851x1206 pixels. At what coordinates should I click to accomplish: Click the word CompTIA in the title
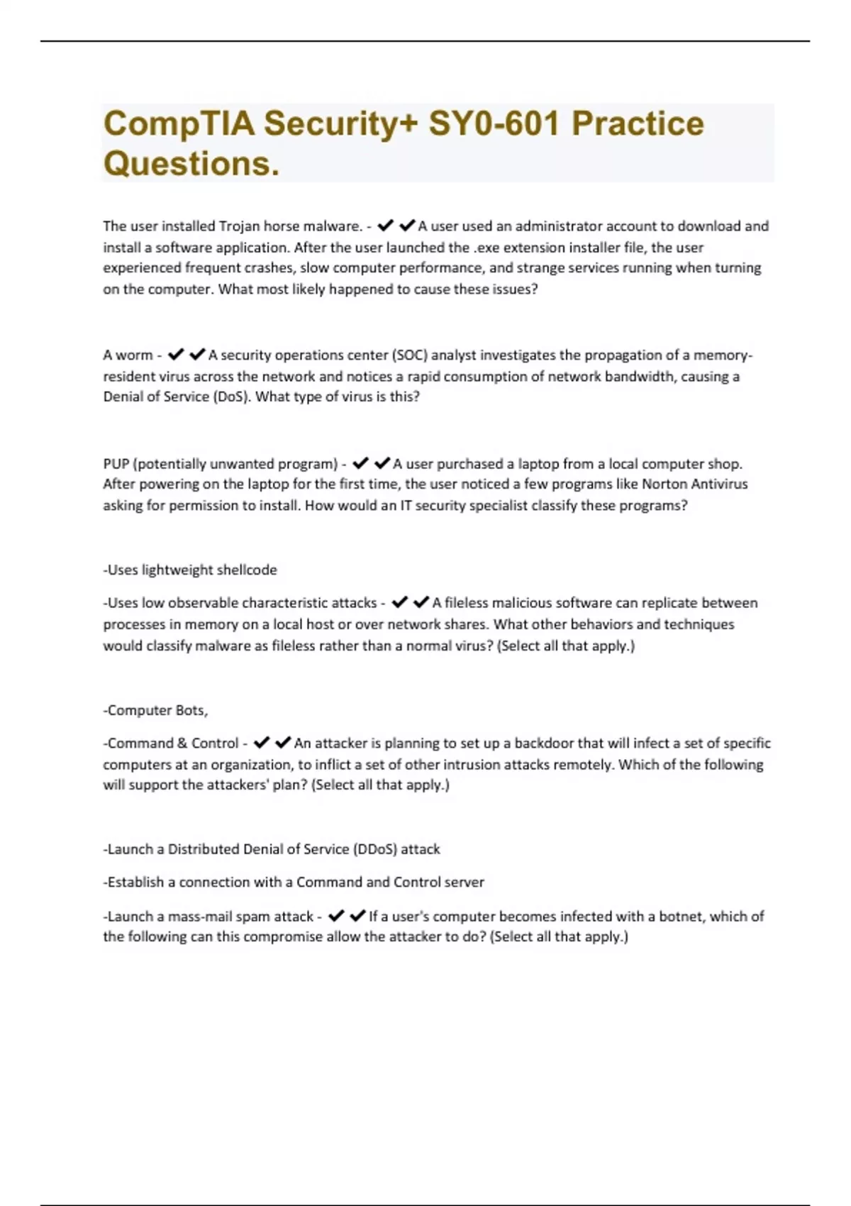coord(179,124)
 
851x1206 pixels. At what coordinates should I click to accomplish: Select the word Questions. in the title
coord(191,164)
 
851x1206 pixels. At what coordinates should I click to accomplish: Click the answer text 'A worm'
coord(128,355)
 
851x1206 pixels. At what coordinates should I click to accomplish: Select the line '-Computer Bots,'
coord(155,710)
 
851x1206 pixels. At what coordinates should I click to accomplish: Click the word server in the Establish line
coord(464,883)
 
